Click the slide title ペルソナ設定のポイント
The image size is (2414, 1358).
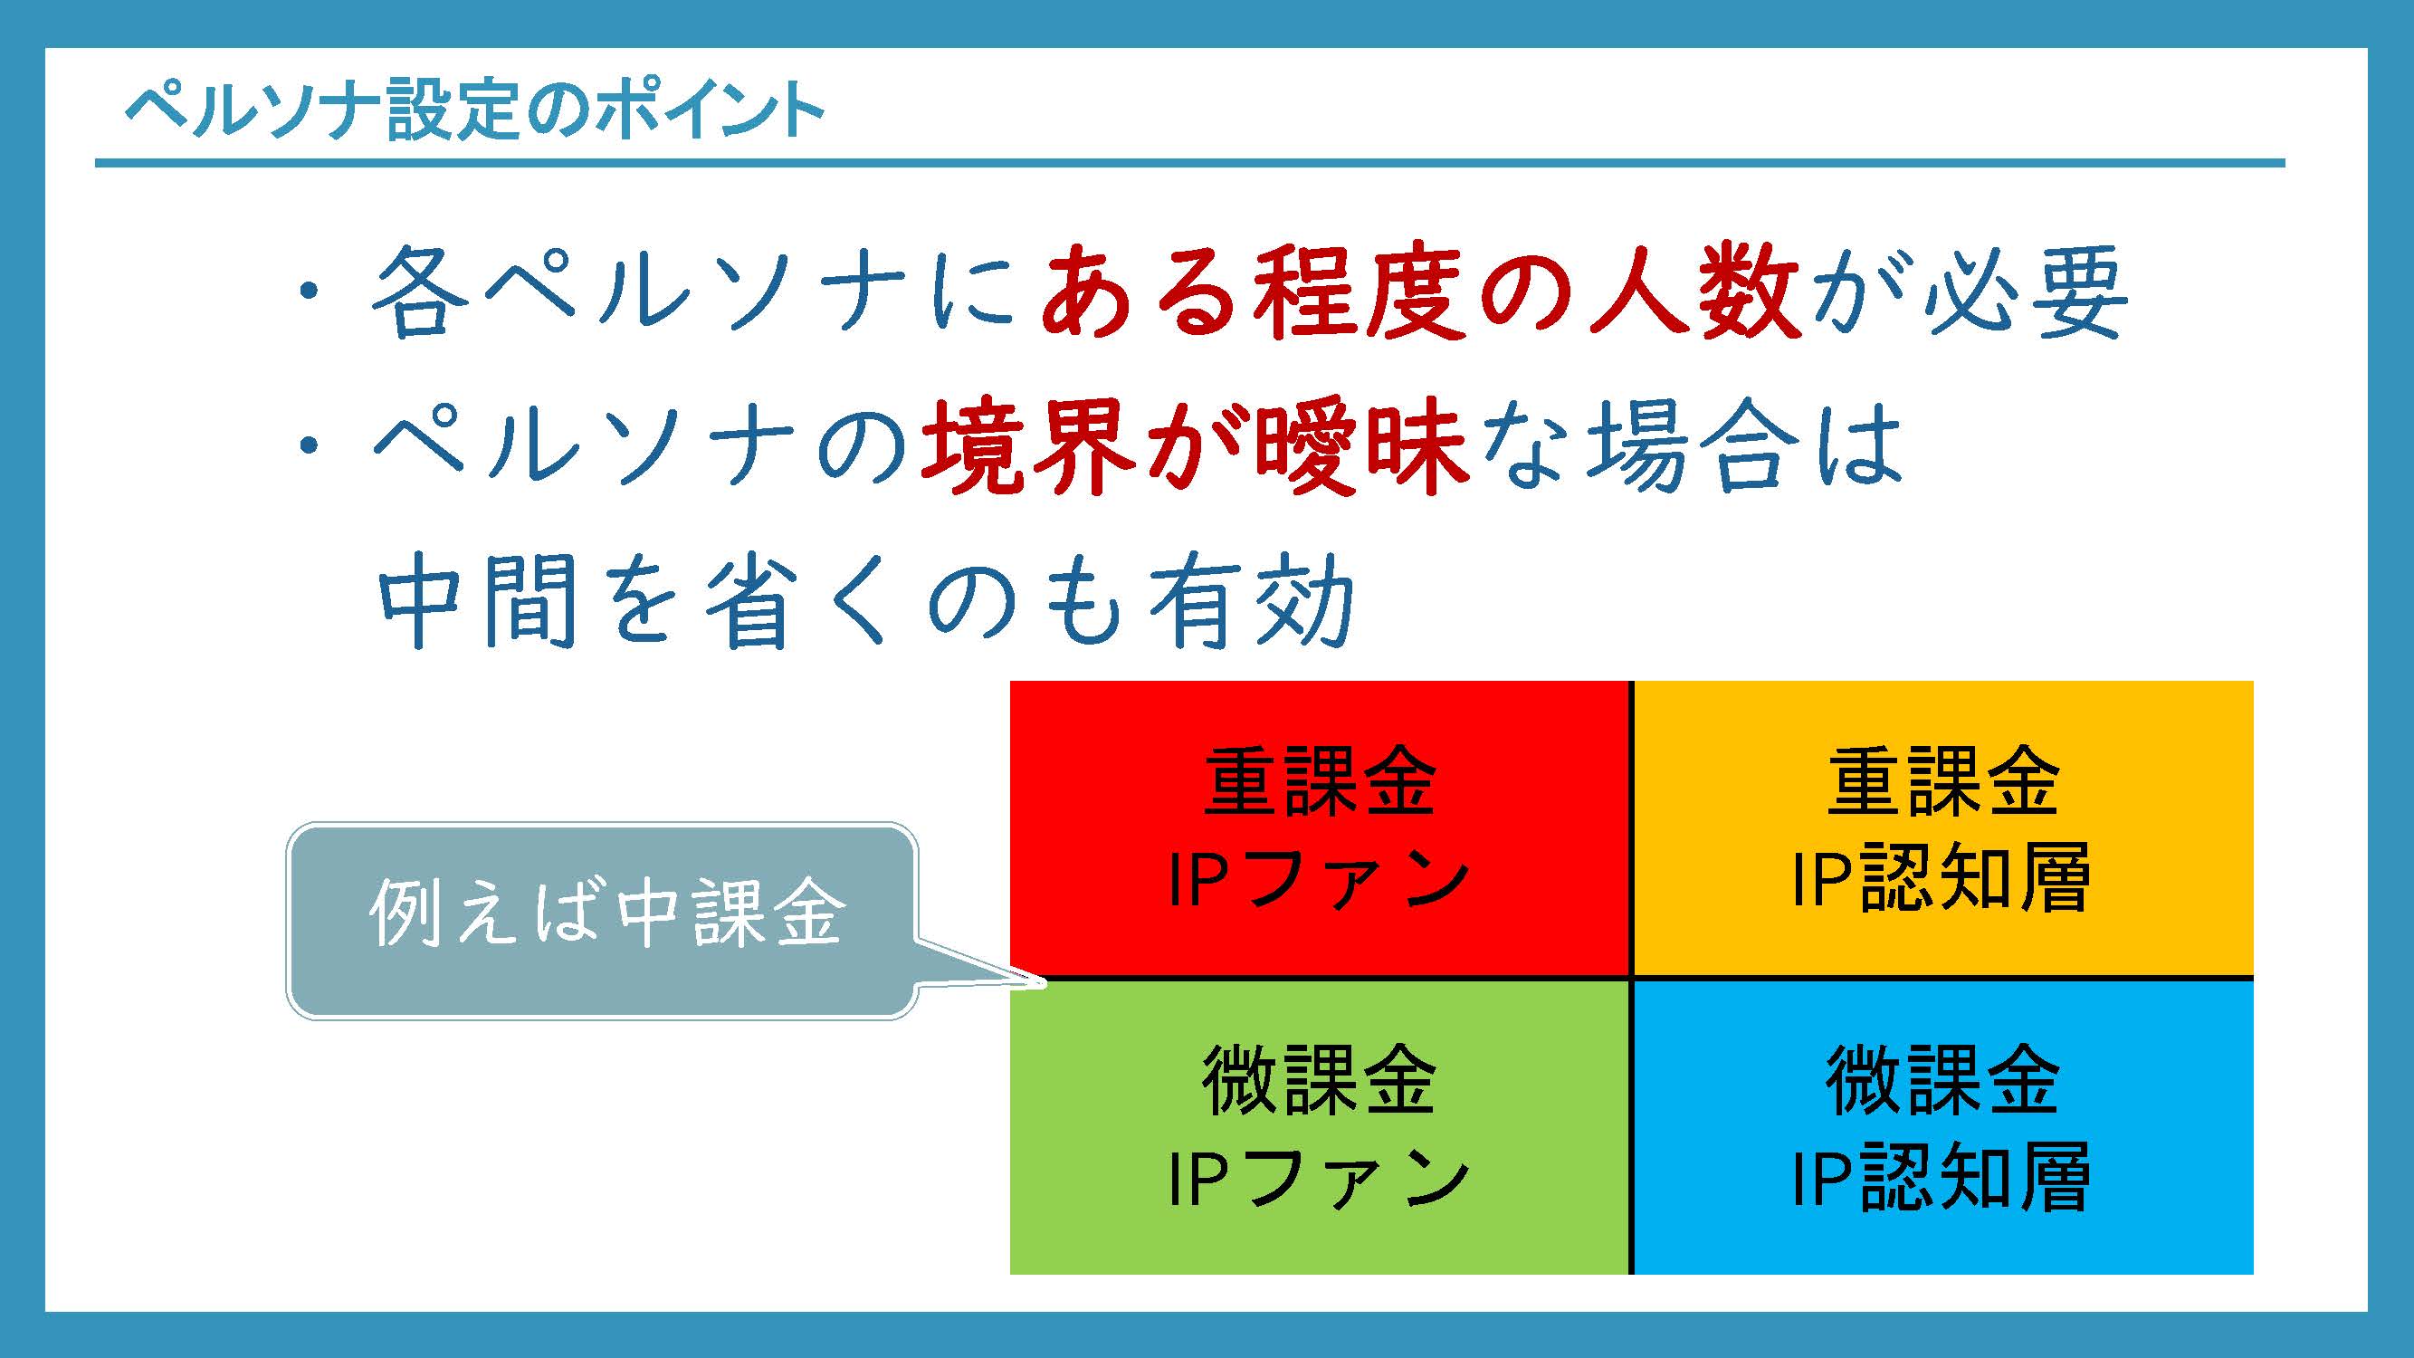click(474, 110)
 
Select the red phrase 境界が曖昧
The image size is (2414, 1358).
click(1195, 447)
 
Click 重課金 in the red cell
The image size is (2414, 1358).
click(1320, 781)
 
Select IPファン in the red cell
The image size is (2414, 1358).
click(1320, 879)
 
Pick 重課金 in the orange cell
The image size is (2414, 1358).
click(1943, 781)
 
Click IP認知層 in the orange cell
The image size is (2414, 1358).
click(1943, 879)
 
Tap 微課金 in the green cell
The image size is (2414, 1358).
click(1320, 1081)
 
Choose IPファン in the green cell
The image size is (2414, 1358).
click(1320, 1178)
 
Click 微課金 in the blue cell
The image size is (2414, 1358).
click(1943, 1081)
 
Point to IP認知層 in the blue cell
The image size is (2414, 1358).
click(1943, 1178)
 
